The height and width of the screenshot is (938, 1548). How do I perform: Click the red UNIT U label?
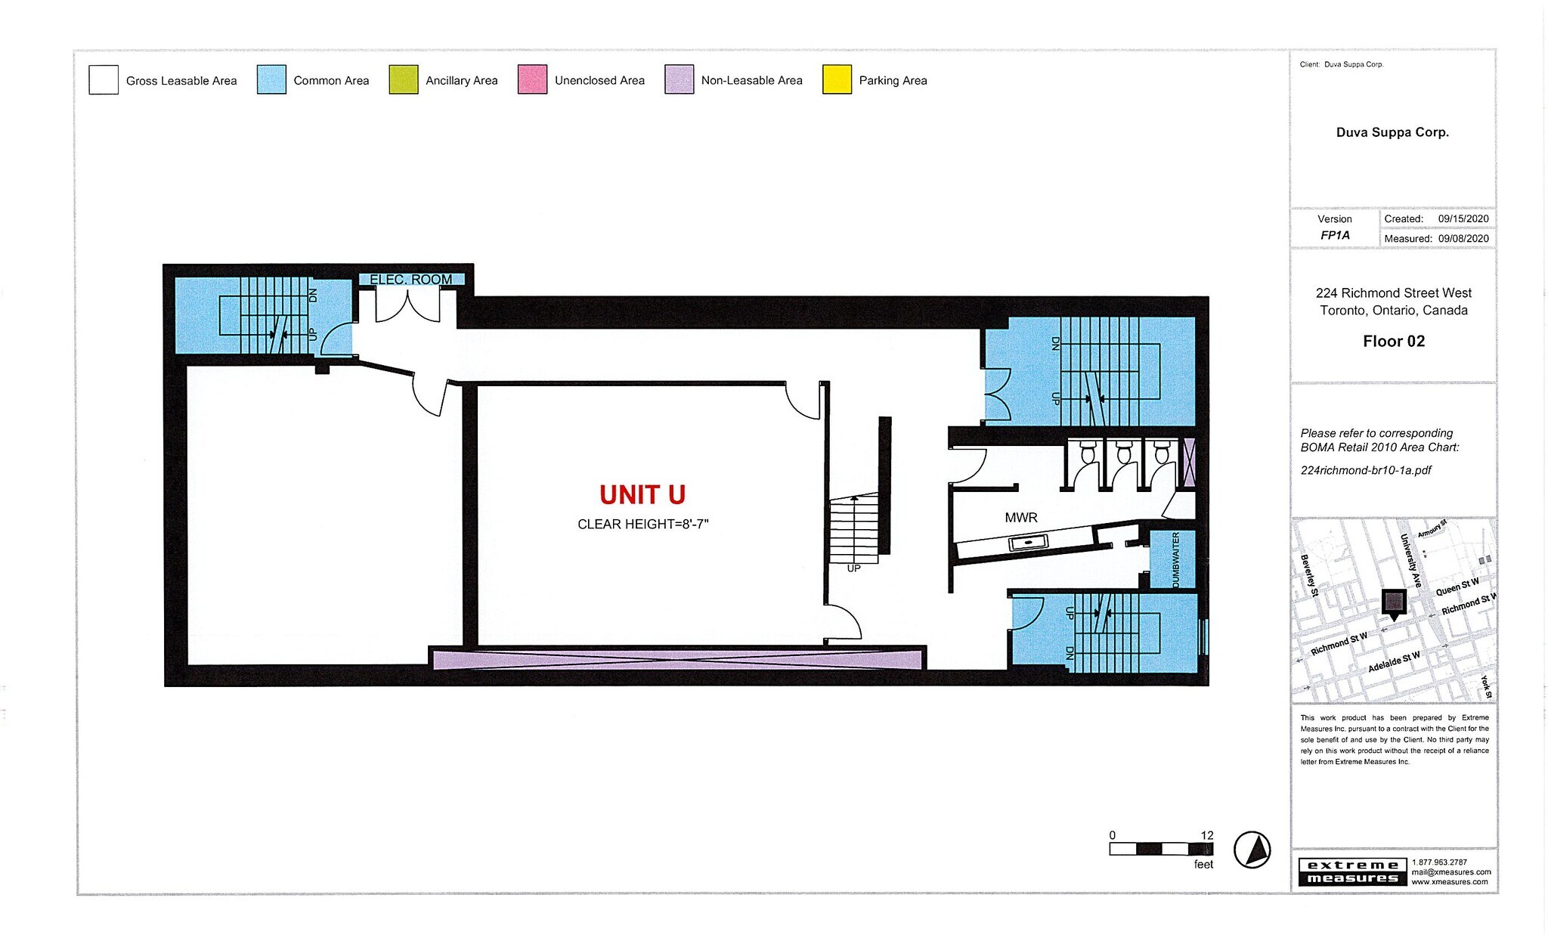point(642,495)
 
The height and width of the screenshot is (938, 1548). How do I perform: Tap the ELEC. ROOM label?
point(410,280)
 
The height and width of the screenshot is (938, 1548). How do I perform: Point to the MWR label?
point(1020,518)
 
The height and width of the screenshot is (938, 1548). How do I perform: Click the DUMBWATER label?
point(1175,559)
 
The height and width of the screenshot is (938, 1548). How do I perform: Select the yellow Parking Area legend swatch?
point(837,80)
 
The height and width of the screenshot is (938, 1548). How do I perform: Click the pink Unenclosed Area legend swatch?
point(532,80)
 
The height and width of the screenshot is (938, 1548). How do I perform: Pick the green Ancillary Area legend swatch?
point(404,80)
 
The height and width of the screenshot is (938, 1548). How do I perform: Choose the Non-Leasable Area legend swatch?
point(679,80)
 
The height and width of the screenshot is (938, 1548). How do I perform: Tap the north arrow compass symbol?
point(1252,850)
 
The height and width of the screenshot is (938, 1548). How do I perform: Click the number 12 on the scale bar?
point(1206,835)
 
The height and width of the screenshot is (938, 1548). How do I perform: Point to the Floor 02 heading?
point(1393,342)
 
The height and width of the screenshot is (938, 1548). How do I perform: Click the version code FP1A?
point(1335,236)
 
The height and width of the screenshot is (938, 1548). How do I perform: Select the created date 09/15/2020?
point(1463,219)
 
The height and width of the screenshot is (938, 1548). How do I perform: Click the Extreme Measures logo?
point(1352,871)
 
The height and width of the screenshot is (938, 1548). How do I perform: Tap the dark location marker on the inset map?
point(1394,603)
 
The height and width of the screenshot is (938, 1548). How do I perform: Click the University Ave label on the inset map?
point(1410,560)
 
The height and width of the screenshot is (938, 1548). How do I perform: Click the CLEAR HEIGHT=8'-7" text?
point(642,525)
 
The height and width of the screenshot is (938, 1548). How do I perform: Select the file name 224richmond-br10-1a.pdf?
point(1365,470)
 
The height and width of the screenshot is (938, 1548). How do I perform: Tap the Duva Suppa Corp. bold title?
point(1392,132)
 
